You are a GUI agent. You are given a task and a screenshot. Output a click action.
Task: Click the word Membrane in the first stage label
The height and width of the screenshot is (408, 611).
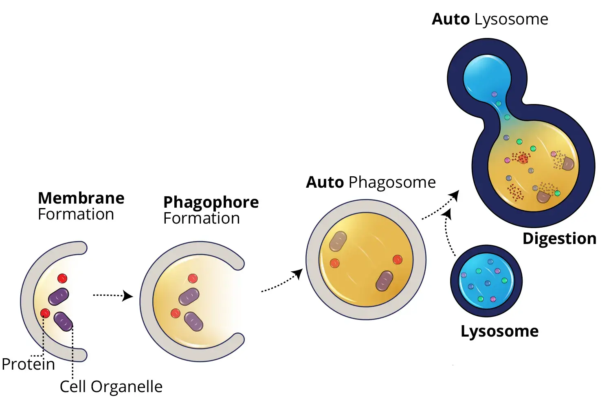pos(81,198)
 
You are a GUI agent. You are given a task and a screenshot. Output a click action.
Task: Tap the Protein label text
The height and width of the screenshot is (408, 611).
pos(28,364)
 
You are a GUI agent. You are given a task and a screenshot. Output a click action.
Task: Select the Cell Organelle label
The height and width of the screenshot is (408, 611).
pos(111,387)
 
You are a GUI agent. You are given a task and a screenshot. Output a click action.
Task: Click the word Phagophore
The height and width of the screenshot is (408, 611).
pos(211,202)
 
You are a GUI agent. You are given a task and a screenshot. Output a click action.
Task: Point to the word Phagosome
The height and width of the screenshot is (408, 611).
pos(392,182)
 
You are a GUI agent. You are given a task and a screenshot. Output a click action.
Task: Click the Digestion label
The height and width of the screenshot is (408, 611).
pos(559,239)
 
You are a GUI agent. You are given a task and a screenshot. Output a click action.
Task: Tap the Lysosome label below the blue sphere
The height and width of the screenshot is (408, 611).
pos(499,331)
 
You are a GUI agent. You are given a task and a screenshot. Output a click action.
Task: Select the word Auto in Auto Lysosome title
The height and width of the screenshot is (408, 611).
pos(451,19)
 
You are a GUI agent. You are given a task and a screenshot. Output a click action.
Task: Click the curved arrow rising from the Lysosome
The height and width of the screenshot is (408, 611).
pos(448,233)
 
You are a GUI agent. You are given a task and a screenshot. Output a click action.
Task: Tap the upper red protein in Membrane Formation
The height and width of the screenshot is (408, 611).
pos(62,279)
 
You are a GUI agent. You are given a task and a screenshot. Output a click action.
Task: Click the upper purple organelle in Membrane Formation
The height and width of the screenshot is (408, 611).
pos(59,297)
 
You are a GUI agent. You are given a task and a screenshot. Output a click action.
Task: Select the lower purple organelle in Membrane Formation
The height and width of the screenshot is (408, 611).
pos(63,321)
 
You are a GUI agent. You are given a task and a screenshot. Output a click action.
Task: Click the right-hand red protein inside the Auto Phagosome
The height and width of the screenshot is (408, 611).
pos(398,260)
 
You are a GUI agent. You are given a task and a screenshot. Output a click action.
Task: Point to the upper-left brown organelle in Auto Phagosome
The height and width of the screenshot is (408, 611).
pos(338,241)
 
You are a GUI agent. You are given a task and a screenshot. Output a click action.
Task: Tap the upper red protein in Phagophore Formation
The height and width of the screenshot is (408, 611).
pos(193,279)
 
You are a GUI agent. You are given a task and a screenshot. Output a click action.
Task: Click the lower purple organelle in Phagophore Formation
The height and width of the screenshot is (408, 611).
pos(193,321)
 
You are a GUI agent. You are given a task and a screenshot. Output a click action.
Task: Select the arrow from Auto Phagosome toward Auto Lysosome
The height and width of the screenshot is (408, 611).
pos(440,206)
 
